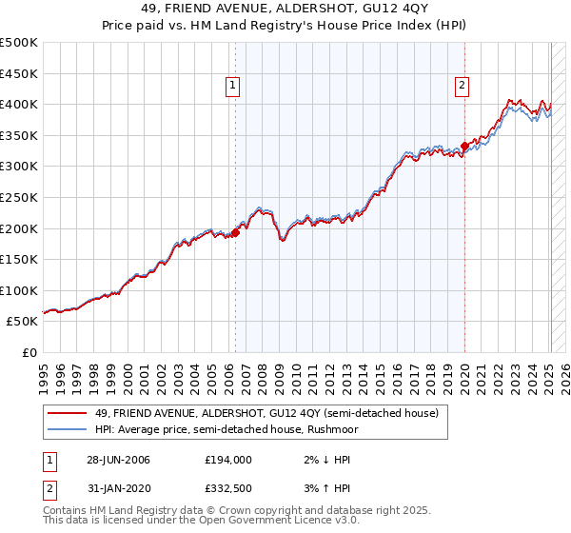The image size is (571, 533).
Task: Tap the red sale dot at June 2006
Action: point(235,231)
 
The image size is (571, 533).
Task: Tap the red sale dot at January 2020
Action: point(464,146)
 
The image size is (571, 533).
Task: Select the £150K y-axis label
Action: point(19,259)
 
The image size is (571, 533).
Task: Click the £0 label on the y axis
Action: point(30,352)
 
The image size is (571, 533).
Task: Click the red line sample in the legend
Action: point(67,413)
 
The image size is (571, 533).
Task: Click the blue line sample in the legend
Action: point(67,429)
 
